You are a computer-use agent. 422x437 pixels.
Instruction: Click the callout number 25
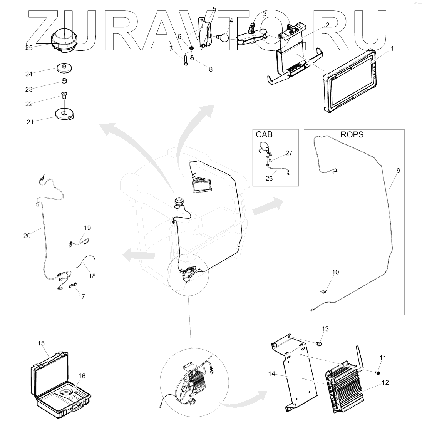point(29,47)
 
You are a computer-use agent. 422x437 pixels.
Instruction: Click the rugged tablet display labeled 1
point(350,81)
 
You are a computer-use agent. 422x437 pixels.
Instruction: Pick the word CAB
point(264,135)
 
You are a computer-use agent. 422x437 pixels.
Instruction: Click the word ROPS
point(352,135)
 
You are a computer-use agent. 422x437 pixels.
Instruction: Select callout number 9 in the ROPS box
point(398,170)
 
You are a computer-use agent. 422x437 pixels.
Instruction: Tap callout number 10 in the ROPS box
point(335,272)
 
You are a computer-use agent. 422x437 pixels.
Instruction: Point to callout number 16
point(82,376)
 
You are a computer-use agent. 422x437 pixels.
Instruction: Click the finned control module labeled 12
point(345,389)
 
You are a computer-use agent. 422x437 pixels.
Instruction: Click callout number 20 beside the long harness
point(27,236)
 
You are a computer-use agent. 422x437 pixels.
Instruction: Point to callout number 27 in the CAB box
point(289,153)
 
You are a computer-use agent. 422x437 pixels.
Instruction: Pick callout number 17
point(81,296)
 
